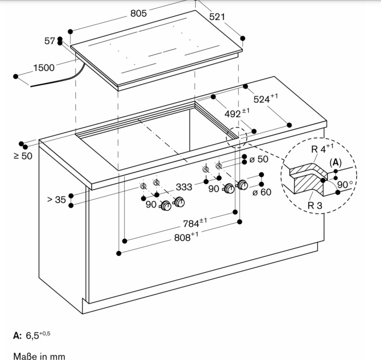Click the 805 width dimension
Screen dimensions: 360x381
[x=138, y=13]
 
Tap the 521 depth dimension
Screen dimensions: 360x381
[x=217, y=17]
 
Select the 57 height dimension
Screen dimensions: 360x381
[x=50, y=41]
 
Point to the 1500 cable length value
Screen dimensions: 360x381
[x=44, y=68]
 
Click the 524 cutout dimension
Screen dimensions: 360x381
[x=265, y=98]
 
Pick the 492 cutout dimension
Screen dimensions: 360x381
[x=237, y=113]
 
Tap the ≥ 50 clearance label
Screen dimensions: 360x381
[x=23, y=156]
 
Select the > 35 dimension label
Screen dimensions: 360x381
[x=56, y=200]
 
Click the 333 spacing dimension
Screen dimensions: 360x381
[x=184, y=187]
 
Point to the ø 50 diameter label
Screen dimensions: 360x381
[x=259, y=159]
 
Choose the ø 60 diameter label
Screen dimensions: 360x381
[x=262, y=192]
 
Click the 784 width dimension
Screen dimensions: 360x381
[x=194, y=223]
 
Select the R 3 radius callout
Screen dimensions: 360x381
[x=315, y=205]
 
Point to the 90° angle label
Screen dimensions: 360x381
[x=344, y=184]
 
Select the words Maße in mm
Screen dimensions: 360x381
[x=39, y=356]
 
